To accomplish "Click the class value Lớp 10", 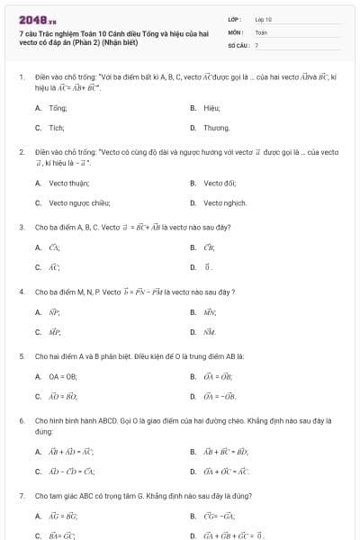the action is point(263,18).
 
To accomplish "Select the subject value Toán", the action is point(261,31).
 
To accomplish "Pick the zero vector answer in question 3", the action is point(208,266).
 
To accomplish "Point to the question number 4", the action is point(21,292).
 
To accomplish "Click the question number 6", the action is point(21,420).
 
